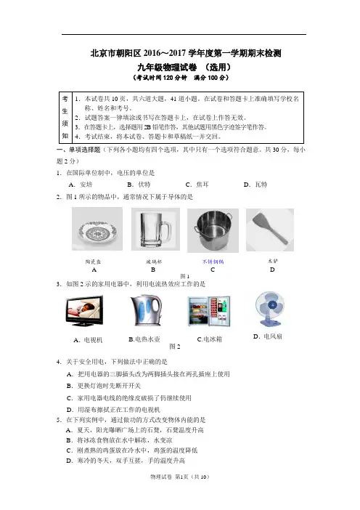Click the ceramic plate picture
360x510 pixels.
click(97, 229)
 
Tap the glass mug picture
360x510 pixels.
click(155, 229)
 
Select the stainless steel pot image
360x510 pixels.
click(213, 230)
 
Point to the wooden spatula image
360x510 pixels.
click(270, 230)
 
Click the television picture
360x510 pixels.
click(84, 311)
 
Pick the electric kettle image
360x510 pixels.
click(146, 311)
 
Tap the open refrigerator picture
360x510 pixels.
click(209, 311)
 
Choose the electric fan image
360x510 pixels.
click(270, 309)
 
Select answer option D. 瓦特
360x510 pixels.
click(255, 185)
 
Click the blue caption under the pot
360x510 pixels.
click(213, 262)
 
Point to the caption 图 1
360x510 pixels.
click(185, 276)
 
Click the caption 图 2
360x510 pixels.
click(174, 347)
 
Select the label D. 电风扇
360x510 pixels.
click(267, 336)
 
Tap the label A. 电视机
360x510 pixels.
click(88, 340)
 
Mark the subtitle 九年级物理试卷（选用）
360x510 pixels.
click(184, 68)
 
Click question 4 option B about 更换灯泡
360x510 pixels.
click(104, 386)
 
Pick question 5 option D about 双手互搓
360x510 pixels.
click(126, 461)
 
